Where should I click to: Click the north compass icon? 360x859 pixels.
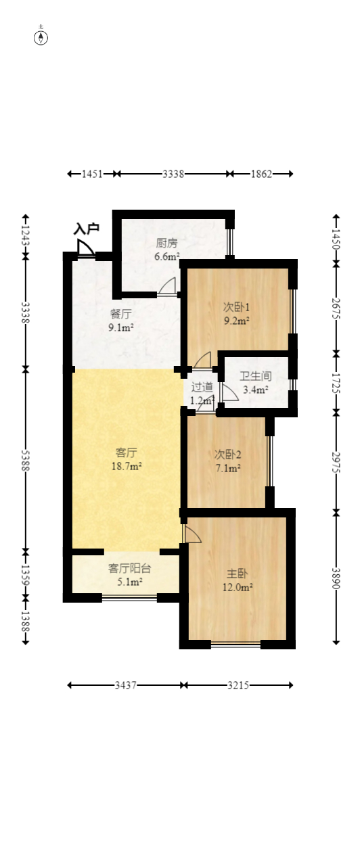coord(41,38)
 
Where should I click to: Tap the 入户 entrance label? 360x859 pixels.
coord(87,229)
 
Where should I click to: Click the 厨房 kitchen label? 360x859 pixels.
coord(167,243)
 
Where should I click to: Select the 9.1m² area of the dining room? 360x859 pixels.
coord(121,327)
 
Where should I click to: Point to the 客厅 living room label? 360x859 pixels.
coord(127,452)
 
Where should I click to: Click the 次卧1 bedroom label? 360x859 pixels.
coord(237,307)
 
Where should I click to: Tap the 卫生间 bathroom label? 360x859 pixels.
coord(256,376)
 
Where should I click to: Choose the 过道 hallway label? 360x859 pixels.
coord(202,387)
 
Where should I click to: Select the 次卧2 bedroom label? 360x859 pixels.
coord(227,455)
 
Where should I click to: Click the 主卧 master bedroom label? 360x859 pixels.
coord(238,574)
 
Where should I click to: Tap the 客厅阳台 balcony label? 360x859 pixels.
coord(130,568)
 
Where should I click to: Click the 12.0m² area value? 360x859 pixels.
coord(238,587)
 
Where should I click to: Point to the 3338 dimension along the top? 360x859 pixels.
coord(173,174)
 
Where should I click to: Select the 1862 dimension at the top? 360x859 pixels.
coord(261,174)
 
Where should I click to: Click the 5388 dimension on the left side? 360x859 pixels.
coord(25,460)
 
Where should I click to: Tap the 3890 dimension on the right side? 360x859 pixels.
coord(336,578)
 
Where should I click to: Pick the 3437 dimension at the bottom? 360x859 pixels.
coord(125,685)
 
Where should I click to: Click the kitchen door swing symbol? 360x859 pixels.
coord(167,285)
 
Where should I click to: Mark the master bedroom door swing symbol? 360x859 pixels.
coord(192,534)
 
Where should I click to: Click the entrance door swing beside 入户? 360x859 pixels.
coord(85,248)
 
